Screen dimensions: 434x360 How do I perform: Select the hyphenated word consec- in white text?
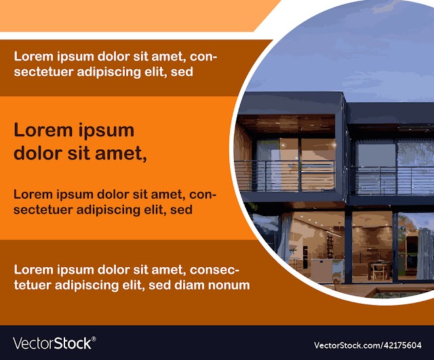[x=214, y=270]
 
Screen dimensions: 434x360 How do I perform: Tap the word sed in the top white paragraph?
[x=182, y=72]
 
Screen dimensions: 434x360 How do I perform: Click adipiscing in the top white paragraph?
[x=108, y=73]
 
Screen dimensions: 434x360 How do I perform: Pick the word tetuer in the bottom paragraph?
[x=33, y=285]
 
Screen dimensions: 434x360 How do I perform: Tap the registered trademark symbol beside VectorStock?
[x=94, y=339]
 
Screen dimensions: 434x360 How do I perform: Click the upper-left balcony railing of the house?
[x=285, y=176]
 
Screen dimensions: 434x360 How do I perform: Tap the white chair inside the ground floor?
[x=378, y=271]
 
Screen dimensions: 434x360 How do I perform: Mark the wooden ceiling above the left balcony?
[x=286, y=123]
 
